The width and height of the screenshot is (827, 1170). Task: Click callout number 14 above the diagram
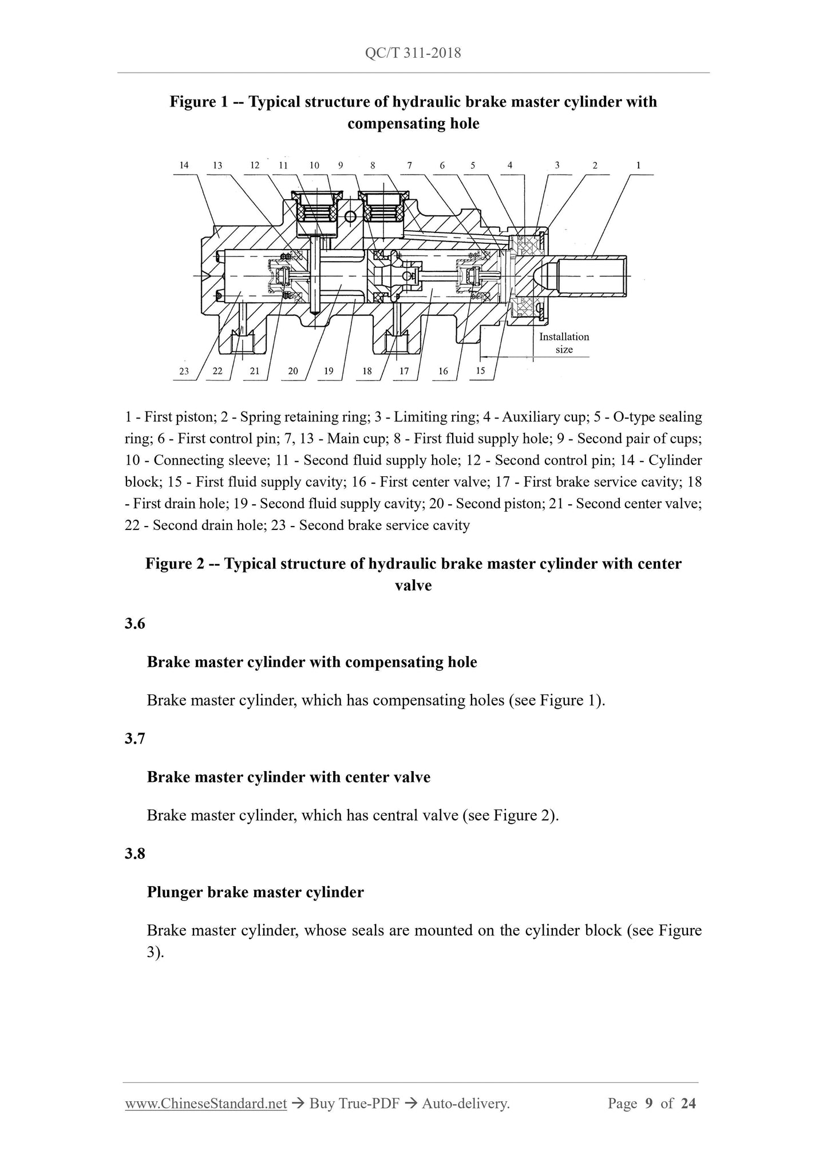pyautogui.click(x=184, y=165)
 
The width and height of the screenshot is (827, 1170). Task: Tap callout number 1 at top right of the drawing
pyautogui.click(x=638, y=165)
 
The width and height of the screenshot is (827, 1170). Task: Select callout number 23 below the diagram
pyautogui.click(x=184, y=371)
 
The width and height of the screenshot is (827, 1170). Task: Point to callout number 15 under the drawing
pyautogui.click(x=480, y=370)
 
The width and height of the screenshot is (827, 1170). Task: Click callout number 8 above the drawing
pyautogui.click(x=373, y=165)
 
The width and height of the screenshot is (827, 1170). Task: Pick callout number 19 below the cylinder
pyautogui.click(x=329, y=371)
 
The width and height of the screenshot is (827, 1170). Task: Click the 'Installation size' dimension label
pyautogui.click(x=564, y=343)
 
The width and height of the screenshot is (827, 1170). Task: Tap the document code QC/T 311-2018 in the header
pyautogui.click(x=413, y=53)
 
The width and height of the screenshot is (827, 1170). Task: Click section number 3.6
pyautogui.click(x=135, y=623)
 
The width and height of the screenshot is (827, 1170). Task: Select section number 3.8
pyautogui.click(x=135, y=853)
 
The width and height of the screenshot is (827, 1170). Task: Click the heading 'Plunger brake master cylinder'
pyautogui.click(x=255, y=892)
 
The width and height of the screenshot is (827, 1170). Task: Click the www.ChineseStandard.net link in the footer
pyautogui.click(x=205, y=1104)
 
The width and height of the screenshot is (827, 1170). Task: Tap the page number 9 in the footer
pyautogui.click(x=649, y=1104)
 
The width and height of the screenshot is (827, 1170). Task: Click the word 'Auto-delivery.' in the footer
pyautogui.click(x=465, y=1104)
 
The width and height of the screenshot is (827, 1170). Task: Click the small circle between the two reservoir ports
pyautogui.click(x=351, y=216)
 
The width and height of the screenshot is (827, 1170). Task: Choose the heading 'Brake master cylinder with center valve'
pyautogui.click(x=288, y=777)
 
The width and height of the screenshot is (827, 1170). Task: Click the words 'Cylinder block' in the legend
pyautogui.click(x=675, y=460)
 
